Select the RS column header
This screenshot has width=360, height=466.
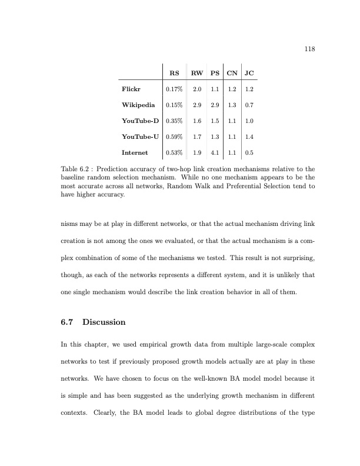pos(174,74)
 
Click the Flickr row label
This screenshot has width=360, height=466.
pos(129,89)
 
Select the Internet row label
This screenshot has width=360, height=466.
pos(134,153)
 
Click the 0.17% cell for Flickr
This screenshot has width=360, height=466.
pos(174,89)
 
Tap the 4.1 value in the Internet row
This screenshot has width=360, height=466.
pos(215,153)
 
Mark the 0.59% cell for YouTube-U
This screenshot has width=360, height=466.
pos(174,137)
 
